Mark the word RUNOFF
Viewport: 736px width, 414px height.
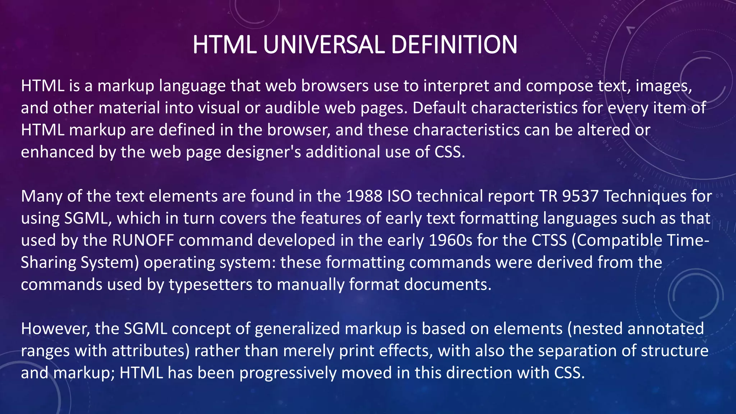click(143, 240)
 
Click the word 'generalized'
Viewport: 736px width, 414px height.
click(297, 329)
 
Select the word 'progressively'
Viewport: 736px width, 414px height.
click(288, 373)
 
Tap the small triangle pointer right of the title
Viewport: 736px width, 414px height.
click(630, 29)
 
